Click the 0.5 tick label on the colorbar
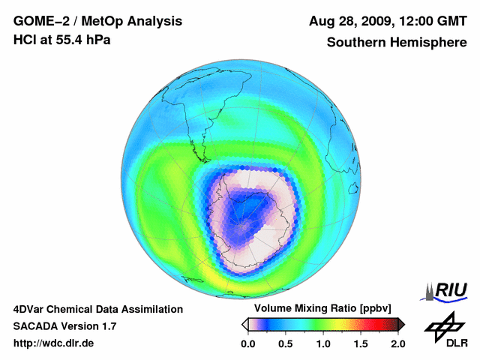click(x=285, y=343)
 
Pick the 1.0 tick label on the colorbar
click(x=322, y=343)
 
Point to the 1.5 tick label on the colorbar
click(x=360, y=343)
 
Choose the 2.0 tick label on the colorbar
click(x=397, y=343)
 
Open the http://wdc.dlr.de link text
click(x=54, y=343)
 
